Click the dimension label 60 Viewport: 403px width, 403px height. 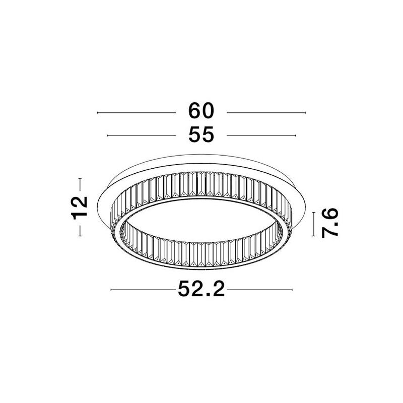pos(201,111)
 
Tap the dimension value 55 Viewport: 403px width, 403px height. pos(201,135)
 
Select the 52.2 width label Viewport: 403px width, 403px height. pos(201,289)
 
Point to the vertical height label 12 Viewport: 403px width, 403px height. pos(80,208)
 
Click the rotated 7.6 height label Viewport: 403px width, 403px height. pos(330,223)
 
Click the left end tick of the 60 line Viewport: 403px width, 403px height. pos(97,112)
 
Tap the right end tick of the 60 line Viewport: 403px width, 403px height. pos(305,112)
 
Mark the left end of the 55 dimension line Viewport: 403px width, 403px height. pos(107,136)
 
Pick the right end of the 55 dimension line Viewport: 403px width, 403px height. pos(296,136)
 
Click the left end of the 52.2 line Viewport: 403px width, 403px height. pos(111,290)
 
